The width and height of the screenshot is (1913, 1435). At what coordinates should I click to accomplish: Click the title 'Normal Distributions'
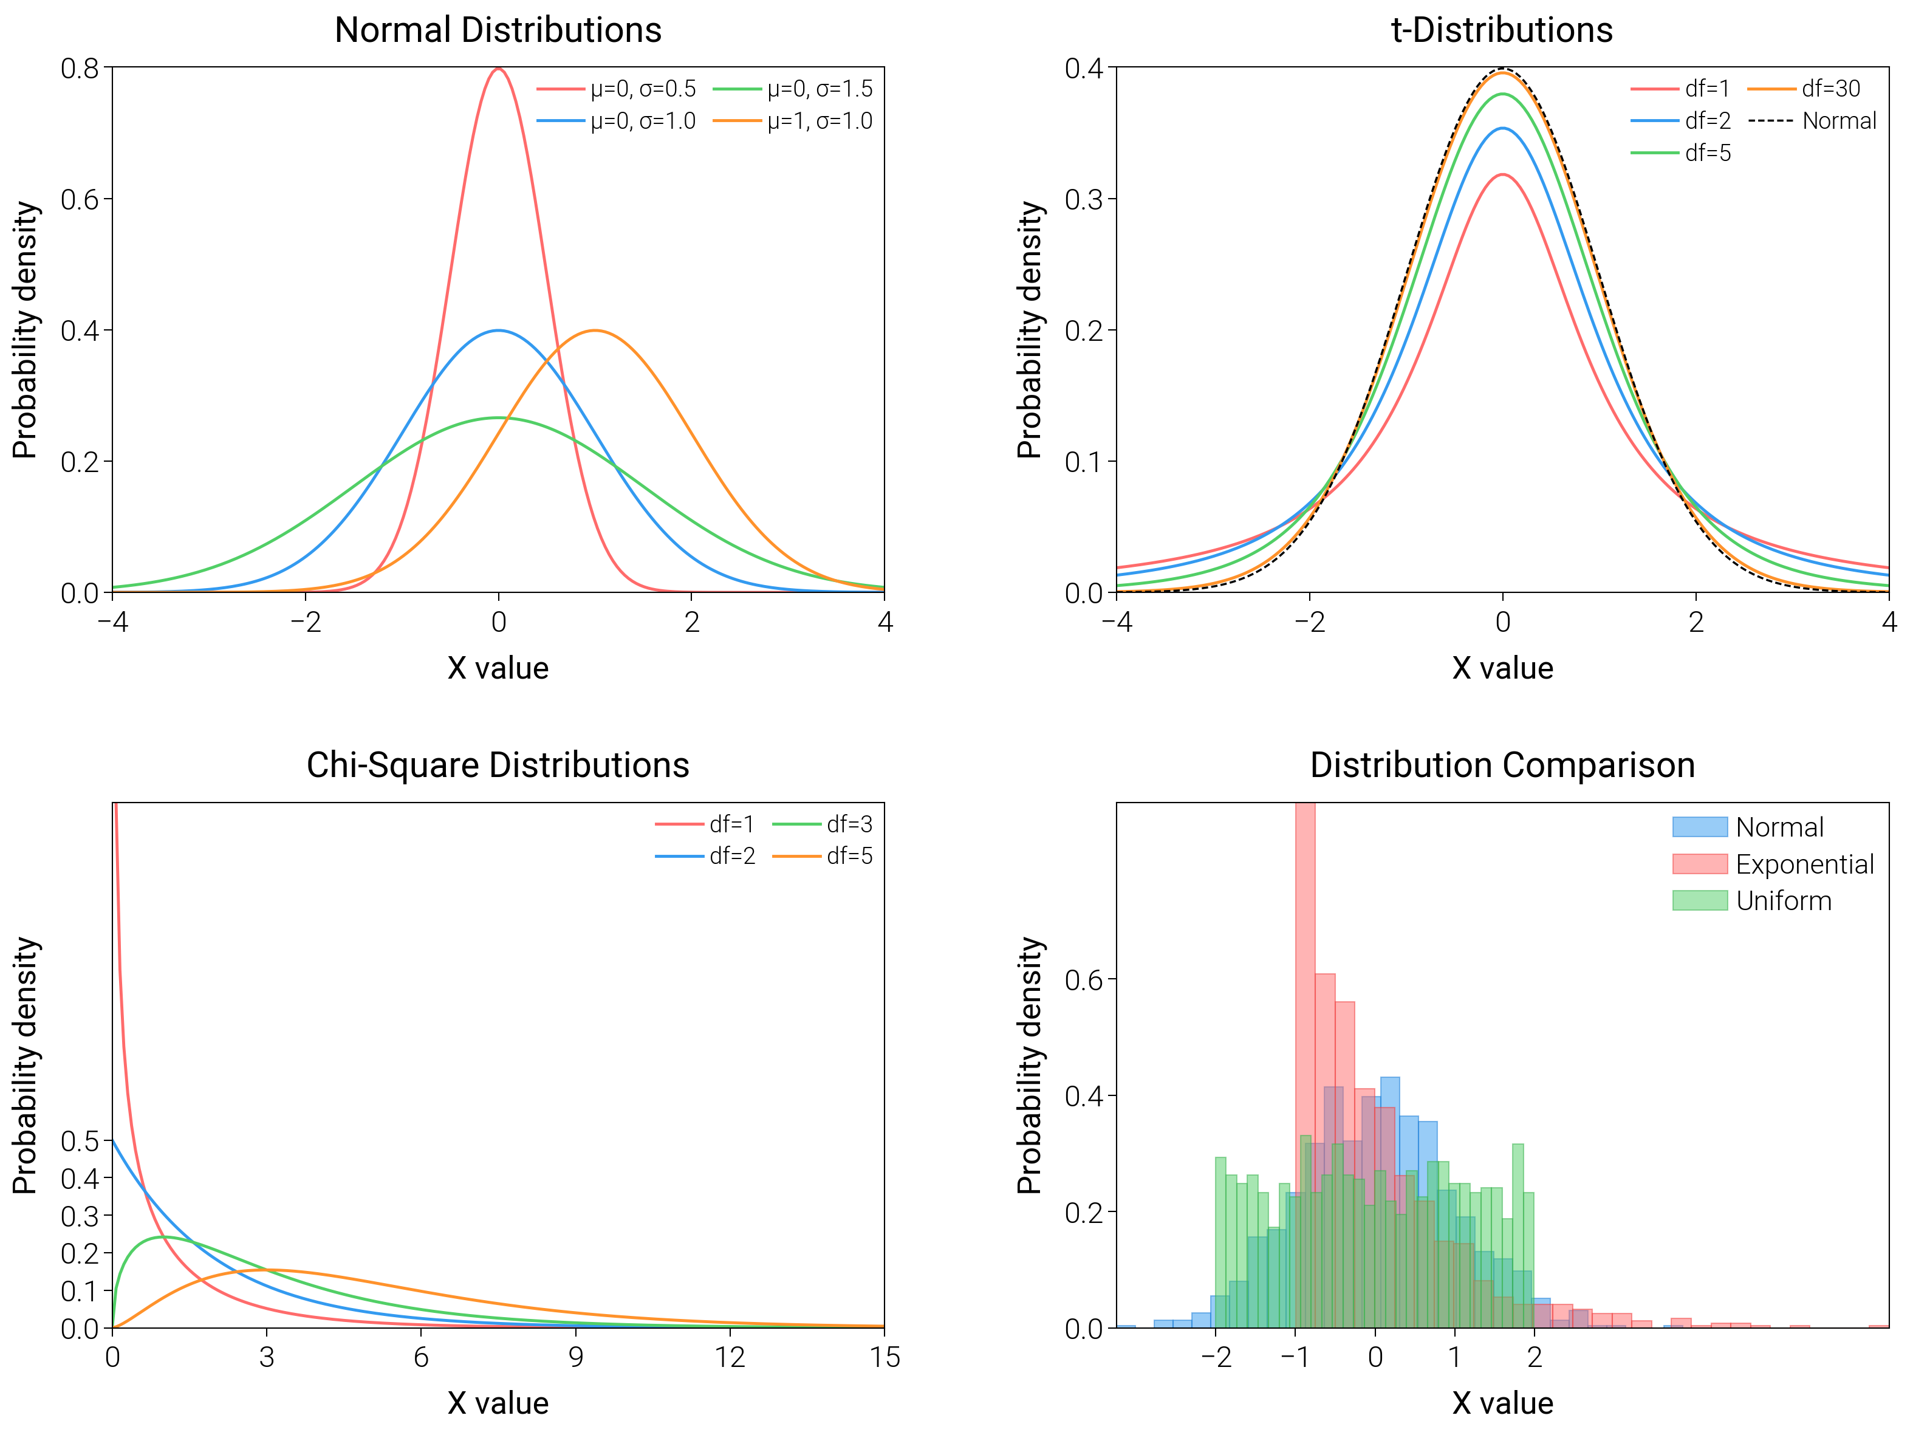tap(498, 30)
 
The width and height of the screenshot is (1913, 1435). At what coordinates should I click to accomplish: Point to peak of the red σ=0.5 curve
tap(498, 69)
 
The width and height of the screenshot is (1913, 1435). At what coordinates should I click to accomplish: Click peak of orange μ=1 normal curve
tap(595, 330)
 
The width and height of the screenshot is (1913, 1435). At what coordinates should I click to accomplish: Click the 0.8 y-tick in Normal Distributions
tap(80, 67)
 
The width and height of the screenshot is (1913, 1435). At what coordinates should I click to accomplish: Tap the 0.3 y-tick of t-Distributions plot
tap(1084, 199)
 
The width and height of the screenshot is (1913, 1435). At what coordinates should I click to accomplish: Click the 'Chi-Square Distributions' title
tap(498, 765)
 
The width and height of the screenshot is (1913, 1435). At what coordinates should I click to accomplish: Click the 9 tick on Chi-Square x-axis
tap(575, 1357)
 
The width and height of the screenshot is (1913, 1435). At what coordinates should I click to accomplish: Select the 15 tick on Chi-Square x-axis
tap(885, 1357)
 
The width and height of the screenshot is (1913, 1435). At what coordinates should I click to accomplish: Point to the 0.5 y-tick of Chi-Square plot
tap(80, 1141)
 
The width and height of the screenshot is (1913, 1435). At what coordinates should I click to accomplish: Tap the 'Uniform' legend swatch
tap(1699, 900)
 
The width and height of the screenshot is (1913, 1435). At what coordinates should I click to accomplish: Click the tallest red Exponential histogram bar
tap(1305, 1064)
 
